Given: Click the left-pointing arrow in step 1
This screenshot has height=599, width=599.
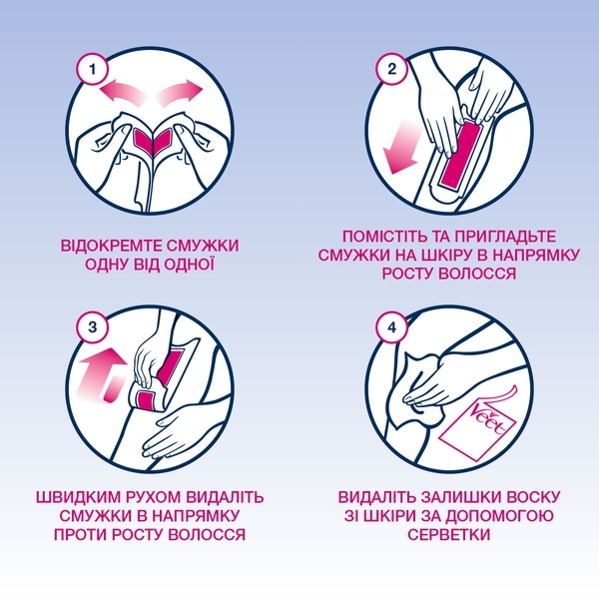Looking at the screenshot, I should [118, 93].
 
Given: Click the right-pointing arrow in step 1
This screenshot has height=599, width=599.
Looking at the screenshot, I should [179, 93].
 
